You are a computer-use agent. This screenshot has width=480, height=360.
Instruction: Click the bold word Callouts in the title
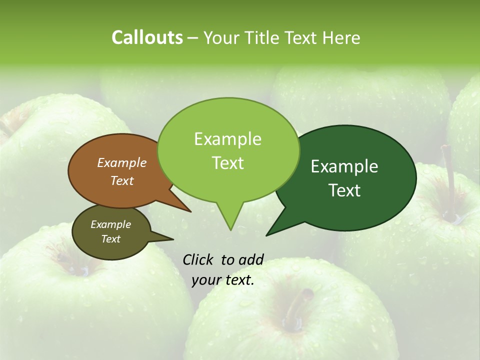(x=147, y=37)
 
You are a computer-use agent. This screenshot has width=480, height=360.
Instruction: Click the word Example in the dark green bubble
(x=344, y=166)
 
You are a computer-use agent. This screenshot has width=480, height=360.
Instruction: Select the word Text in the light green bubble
(x=228, y=163)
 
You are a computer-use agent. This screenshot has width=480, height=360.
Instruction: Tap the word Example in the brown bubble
(x=122, y=162)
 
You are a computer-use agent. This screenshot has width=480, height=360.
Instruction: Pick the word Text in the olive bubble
(x=111, y=239)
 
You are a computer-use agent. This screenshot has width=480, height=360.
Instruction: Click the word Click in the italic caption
(x=198, y=259)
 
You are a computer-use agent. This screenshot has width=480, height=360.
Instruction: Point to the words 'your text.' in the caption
(x=223, y=280)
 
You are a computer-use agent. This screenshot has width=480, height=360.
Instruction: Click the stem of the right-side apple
(x=450, y=190)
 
